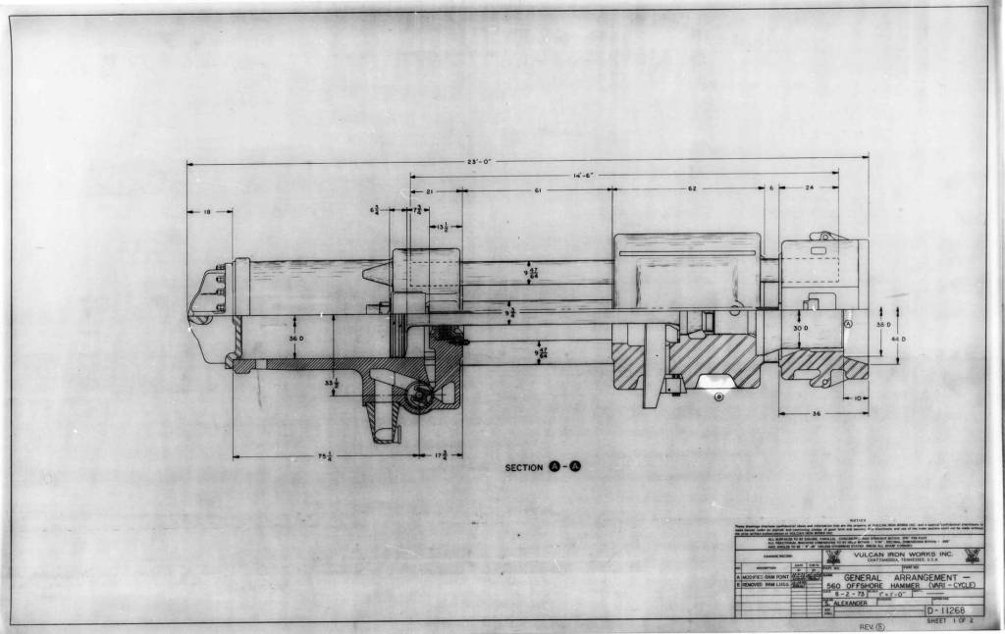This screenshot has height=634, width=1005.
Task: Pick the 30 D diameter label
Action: point(801,329)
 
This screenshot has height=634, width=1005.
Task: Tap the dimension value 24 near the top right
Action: point(808,188)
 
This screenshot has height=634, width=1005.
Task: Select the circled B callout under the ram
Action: point(719,396)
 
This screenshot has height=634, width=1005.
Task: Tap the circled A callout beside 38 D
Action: point(848,323)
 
